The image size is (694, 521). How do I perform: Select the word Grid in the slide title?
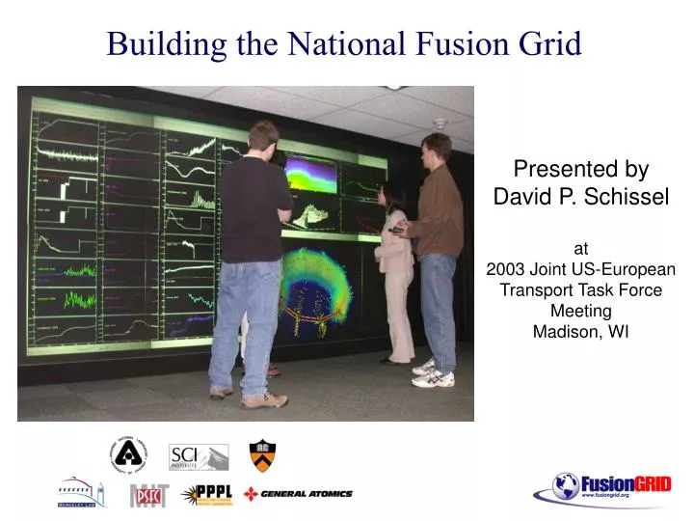pyautogui.click(x=551, y=43)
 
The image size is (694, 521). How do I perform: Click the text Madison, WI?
pyautogui.click(x=580, y=332)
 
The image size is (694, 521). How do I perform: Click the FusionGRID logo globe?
pyautogui.click(x=566, y=485)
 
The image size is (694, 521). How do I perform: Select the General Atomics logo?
pyautogui.click(x=298, y=494)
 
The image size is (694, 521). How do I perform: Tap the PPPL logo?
pyautogui.click(x=210, y=493)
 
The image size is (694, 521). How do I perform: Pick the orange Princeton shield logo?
pyautogui.click(x=261, y=453)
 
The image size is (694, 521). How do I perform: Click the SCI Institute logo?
pyautogui.click(x=199, y=455)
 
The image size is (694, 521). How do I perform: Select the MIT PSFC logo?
pyautogui.click(x=148, y=494)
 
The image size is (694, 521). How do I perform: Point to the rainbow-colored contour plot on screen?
pyautogui.click(x=309, y=175)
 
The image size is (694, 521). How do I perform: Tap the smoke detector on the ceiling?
pyautogui.click(x=440, y=123)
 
